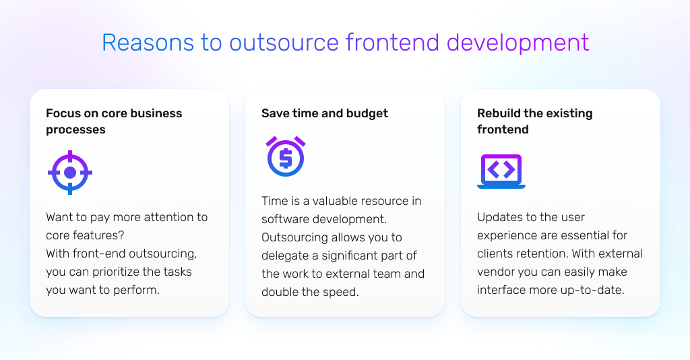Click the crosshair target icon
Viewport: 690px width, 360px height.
70,173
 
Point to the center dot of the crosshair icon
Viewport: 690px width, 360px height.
70,173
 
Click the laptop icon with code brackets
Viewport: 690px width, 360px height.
501,171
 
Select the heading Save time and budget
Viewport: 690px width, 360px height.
325,113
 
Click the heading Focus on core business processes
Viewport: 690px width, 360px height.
114,121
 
